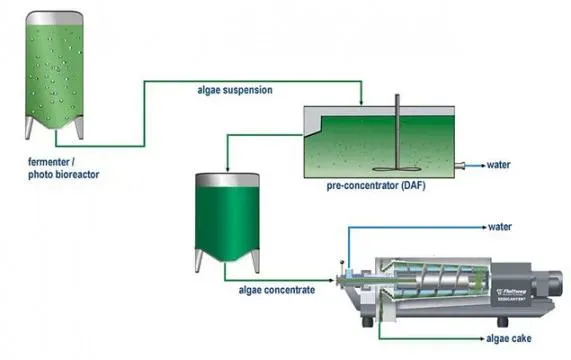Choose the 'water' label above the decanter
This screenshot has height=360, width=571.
click(x=500, y=227)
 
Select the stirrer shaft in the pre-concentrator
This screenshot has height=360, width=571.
click(x=396, y=130)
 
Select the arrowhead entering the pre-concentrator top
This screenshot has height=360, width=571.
click(x=361, y=104)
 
